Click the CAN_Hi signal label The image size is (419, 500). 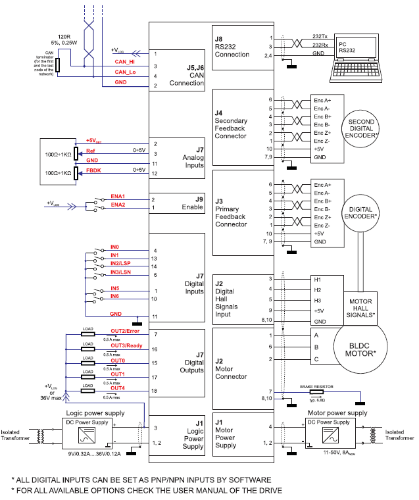coord(124,62)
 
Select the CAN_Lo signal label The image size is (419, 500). coord(124,72)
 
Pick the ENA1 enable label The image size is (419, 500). coord(118,196)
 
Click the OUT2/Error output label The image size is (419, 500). coord(126,331)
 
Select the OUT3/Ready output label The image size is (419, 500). coord(126,345)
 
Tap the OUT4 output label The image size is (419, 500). coord(118,388)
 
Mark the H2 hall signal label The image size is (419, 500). coord(318,289)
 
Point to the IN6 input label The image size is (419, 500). coord(114,297)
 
